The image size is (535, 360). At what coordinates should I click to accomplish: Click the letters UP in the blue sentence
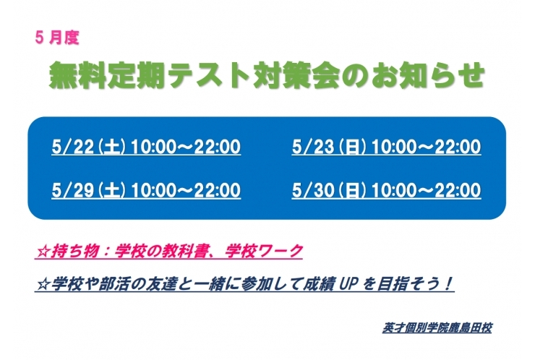(354, 284)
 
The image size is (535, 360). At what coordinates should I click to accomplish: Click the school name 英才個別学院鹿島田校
(437, 327)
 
